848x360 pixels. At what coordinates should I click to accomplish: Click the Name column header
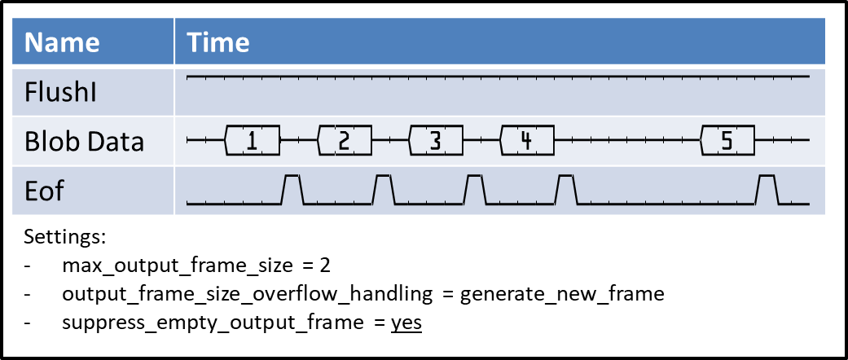(62, 42)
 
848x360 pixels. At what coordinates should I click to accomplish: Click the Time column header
(217, 42)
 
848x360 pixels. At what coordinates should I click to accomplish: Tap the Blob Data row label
(84, 141)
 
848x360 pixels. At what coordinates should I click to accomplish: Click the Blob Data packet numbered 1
(253, 141)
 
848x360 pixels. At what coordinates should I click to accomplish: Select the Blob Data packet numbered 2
(345, 141)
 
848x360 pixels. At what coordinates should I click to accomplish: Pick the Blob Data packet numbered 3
(436, 141)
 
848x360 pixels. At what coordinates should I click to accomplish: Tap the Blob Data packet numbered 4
(527, 141)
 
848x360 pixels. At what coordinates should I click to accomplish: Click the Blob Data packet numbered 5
(727, 141)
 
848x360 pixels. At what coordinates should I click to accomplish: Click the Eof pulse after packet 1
(292, 189)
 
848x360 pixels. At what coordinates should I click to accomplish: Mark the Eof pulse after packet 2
(384, 189)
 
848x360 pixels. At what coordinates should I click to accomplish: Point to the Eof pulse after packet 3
(475, 189)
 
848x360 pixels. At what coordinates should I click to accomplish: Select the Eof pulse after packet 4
(566, 189)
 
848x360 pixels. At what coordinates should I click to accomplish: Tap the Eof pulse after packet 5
(767, 189)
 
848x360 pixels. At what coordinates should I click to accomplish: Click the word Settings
(65, 238)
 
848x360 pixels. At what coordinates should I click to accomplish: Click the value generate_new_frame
(562, 293)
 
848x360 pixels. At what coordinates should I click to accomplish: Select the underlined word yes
(406, 322)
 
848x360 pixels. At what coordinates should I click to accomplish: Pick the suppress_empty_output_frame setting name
(211, 322)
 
